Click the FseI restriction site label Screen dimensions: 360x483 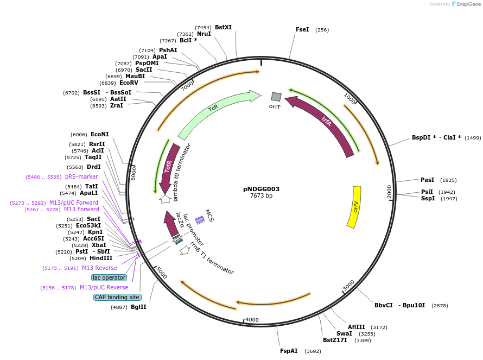302,29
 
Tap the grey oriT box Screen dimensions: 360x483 276,97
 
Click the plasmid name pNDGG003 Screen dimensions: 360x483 261,189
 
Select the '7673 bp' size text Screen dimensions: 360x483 261,196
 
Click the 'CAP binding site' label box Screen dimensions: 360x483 117,297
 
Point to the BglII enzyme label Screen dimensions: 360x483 138,307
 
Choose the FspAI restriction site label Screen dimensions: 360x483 289,351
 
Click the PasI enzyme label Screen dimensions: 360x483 427,180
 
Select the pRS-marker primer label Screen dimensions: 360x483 81,176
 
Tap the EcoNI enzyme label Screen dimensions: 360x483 99,134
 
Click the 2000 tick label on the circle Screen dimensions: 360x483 389,191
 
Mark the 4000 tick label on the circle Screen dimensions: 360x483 252,320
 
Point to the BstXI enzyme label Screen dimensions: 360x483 223,27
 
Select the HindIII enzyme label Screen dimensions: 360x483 101,258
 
